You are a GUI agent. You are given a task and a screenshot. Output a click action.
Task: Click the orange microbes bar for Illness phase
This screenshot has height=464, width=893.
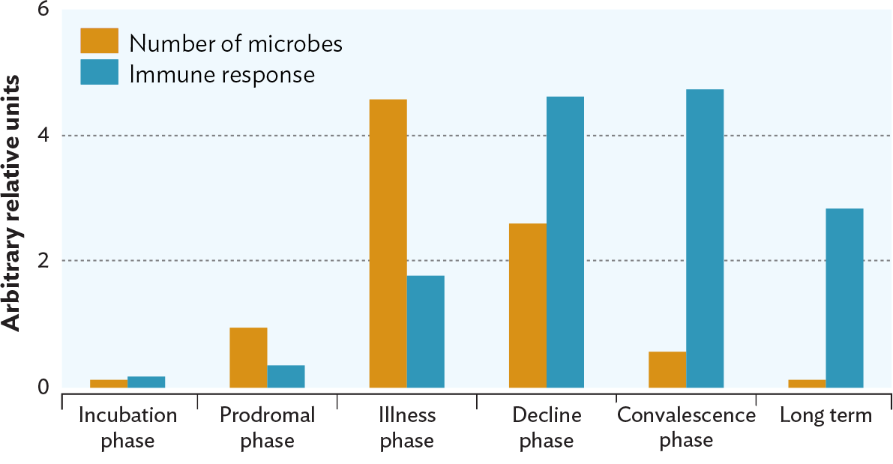point(388,244)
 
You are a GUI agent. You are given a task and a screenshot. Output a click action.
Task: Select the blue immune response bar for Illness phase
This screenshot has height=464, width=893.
point(426,331)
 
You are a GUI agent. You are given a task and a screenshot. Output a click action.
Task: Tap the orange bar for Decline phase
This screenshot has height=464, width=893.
point(528,305)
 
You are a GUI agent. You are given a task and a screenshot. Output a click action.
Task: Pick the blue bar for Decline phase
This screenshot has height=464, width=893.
point(565,242)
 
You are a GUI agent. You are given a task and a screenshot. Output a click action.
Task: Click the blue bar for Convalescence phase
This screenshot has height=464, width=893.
point(705,238)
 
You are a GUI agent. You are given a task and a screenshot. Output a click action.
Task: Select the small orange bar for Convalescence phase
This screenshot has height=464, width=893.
point(667,370)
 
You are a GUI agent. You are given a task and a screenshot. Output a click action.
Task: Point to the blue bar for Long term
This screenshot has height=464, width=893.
point(844,298)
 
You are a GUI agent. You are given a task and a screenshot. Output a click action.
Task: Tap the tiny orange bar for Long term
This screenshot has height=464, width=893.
point(807,384)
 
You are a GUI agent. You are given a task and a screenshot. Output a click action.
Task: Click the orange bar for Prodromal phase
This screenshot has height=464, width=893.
point(248,358)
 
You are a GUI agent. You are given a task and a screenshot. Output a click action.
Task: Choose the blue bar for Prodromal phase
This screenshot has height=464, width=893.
point(286,376)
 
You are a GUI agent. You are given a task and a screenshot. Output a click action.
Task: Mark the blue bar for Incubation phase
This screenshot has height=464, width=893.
point(146,382)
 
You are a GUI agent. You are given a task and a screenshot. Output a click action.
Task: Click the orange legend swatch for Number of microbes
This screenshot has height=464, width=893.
point(99,41)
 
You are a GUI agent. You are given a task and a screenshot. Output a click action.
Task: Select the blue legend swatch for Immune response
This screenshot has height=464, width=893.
point(99,73)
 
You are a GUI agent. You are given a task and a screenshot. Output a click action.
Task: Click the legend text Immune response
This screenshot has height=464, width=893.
point(222,74)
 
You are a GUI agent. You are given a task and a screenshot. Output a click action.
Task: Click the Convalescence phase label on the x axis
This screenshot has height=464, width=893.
point(686,427)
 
